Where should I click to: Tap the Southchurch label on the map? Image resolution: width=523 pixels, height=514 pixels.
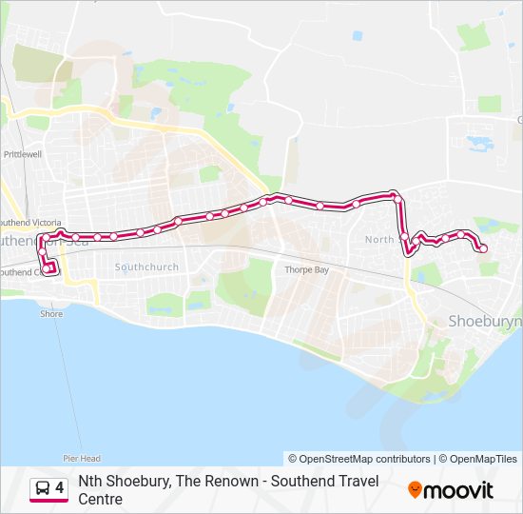(146, 267)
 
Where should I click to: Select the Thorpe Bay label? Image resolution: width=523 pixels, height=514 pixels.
(305, 269)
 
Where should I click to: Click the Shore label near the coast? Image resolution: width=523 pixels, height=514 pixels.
(51, 313)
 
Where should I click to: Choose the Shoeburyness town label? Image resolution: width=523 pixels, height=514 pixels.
(484, 323)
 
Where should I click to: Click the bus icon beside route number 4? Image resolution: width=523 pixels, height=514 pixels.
(43, 489)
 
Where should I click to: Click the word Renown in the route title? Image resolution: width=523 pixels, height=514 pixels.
(233, 482)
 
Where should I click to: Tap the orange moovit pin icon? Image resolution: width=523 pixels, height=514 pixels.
(415, 490)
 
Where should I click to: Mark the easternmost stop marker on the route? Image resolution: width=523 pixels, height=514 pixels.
(483, 248)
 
